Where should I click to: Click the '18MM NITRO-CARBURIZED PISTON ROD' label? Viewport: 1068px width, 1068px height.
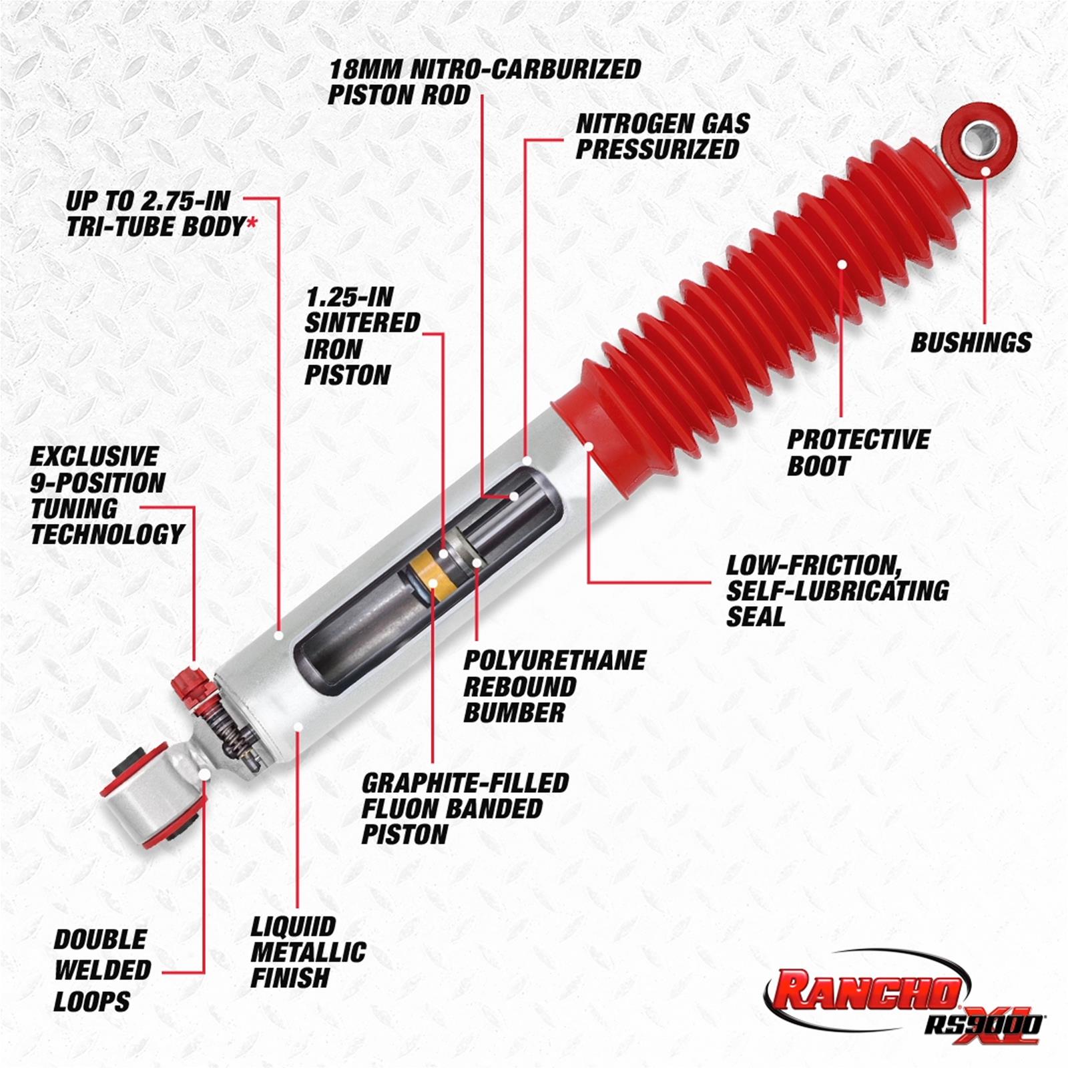click(484, 81)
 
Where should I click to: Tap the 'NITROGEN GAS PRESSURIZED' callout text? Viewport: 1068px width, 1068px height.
click(662, 136)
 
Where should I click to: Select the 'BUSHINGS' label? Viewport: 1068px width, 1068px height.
click(971, 342)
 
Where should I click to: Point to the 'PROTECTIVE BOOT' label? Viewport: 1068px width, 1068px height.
click(858, 453)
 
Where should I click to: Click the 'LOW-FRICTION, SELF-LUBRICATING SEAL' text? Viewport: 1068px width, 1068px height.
click(836, 591)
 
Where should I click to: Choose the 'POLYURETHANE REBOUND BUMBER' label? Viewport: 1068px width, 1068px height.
click(554, 686)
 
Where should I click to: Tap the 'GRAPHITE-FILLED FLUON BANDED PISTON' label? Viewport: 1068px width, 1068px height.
click(465, 808)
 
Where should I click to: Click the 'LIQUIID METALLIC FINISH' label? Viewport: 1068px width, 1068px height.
click(308, 953)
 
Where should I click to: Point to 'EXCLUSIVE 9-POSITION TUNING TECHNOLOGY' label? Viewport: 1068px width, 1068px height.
click(107, 495)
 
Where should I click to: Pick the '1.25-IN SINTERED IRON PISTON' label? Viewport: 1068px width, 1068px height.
click(361, 336)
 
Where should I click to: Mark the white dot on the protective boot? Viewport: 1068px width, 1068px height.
click(842, 264)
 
